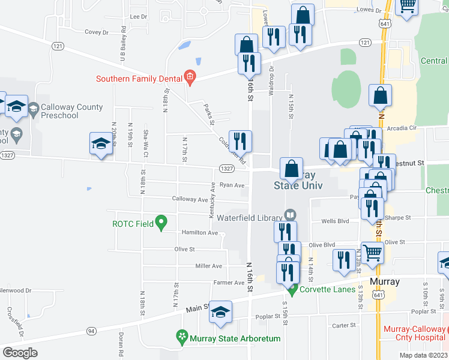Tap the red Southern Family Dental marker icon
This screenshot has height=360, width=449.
(190, 76)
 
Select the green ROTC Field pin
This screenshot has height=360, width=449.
(160, 223)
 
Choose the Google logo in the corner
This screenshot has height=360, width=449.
(20, 353)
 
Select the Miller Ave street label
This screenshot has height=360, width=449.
(208, 266)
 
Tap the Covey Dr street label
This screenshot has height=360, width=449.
(96, 32)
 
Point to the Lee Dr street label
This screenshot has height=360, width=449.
(138, 17)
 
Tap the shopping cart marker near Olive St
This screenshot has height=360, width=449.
(372, 253)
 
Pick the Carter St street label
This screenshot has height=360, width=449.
(344, 325)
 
